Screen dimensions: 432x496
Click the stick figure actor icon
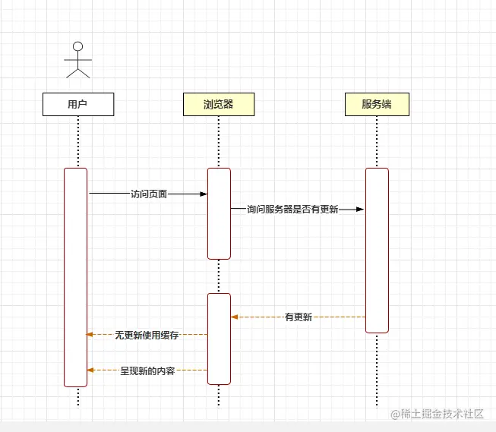coord(77,58)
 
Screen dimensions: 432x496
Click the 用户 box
coord(77,104)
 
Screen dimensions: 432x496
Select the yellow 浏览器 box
coord(218,104)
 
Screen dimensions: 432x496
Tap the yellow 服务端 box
coord(376,104)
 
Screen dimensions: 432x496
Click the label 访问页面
coord(148,194)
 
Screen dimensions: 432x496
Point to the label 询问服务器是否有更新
coord(292,210)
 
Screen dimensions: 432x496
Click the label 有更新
coord(298,317)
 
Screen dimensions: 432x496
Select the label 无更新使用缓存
coord(147,334)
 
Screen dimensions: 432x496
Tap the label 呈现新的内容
coord(147,371)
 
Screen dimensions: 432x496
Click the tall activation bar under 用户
coord(75,277)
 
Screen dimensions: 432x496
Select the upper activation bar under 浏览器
coord(219,213)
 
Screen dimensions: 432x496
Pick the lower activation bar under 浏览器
coord(219,339)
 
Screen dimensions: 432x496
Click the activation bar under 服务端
coord(377,251)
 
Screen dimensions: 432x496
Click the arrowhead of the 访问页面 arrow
coord(204,194)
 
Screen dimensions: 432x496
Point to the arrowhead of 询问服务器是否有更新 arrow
coord(361,210)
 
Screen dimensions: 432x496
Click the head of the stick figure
coord(77,45)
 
